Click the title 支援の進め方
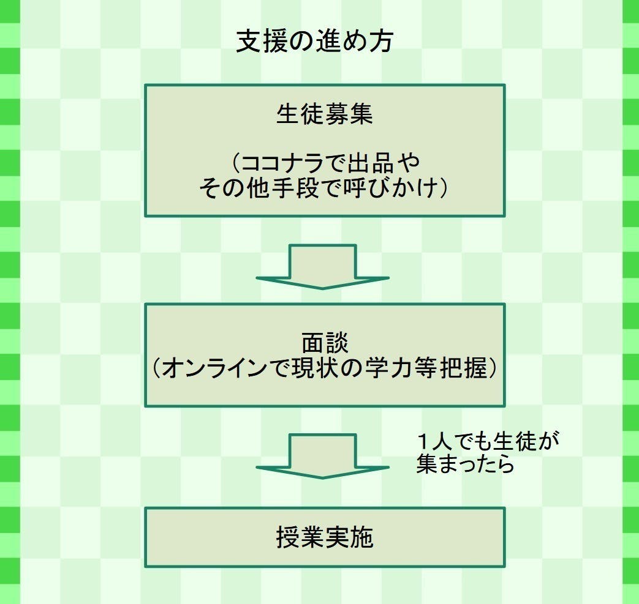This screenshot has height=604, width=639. (314, 42)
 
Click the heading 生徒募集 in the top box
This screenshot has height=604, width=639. (324, 114)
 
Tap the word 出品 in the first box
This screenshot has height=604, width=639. (372, 163)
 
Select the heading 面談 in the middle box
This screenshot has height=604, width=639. (324, 343)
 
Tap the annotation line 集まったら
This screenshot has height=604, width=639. (465, 464)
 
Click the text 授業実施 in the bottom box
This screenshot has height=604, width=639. (324, 537)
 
